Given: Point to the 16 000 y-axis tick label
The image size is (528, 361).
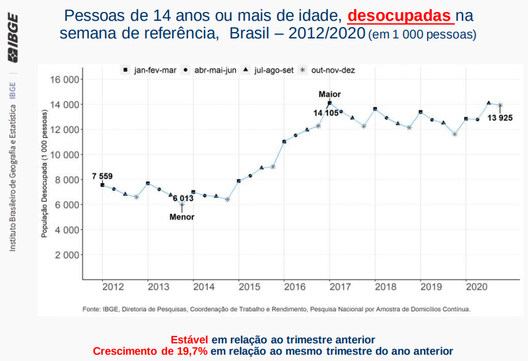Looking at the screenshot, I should tap(63, 79).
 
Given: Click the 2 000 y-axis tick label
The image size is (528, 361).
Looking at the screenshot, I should tap(66, 255).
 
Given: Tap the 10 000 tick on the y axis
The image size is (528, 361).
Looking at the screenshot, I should tap(63, 154).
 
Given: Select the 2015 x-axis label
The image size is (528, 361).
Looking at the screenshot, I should tap(250, 287).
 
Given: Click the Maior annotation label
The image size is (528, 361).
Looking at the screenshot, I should tap(329, 94).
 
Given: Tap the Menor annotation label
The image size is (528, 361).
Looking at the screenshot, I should tap(182, 217).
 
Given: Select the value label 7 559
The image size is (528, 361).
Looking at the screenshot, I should tap(102, 176).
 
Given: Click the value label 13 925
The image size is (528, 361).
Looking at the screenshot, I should tap(500, 118).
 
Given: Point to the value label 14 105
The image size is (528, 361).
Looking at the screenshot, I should tap(326, 113).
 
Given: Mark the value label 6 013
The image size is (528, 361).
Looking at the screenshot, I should tap(183, 198).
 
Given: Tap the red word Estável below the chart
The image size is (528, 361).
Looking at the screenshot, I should tap(190, 340).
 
